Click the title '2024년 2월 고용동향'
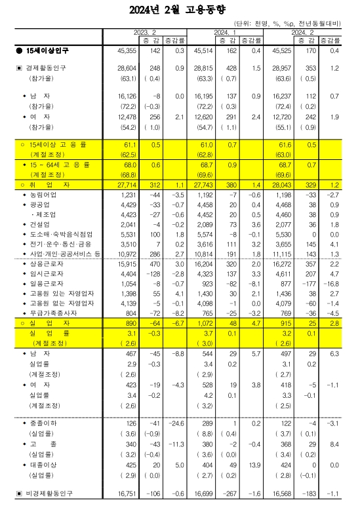(180, 10)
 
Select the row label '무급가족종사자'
(44, 313)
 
